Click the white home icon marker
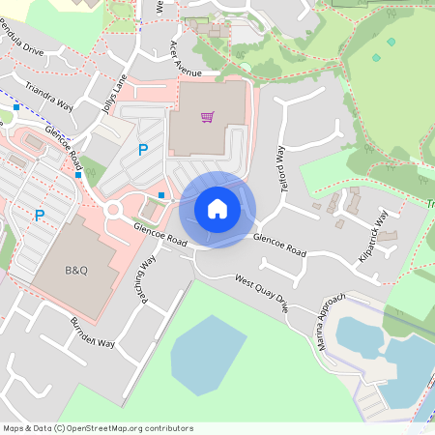tap(217, 209)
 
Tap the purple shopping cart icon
tap(207, 117)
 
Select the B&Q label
tap(76, 270)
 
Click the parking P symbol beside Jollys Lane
tap(143, 150)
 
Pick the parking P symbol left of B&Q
tap(40, 216)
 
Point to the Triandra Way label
tap(49, 98)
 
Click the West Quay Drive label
tap(262, 292)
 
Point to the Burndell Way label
tap(92, 331)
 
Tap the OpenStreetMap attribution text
tap(98, 428)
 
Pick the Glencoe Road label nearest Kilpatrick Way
tap(279, 246)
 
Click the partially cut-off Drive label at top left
tap(21, 47)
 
